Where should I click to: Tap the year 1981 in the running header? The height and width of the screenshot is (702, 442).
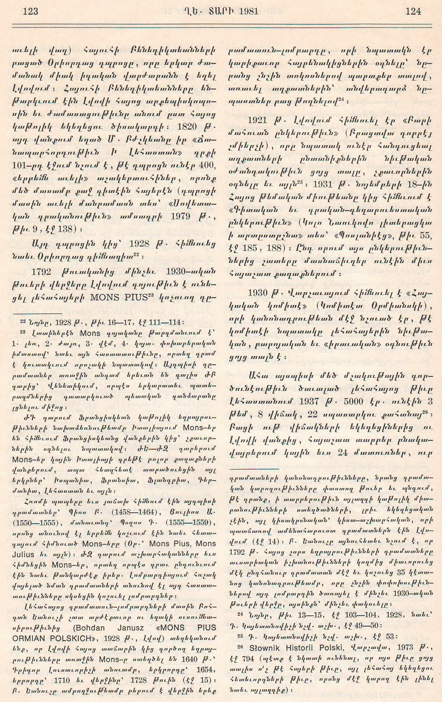pos(247,10)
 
